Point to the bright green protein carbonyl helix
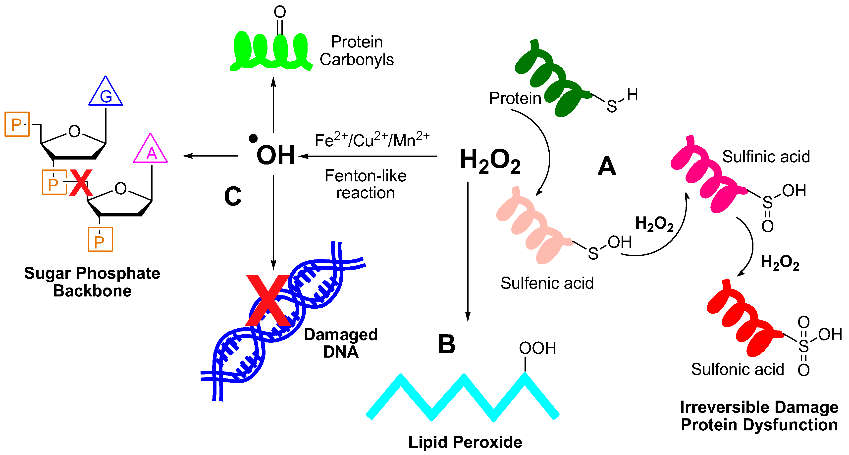tap(271, 51)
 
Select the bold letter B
tap(447, 344)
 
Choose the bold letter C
tap(233, 196)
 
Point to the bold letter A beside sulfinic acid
tap(607, 166)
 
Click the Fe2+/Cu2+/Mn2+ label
tap(372, 140)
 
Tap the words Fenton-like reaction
tap(366, 184)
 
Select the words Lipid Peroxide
tap(465, 442)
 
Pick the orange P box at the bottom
tap(100, 239)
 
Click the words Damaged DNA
tap(341, 343)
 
